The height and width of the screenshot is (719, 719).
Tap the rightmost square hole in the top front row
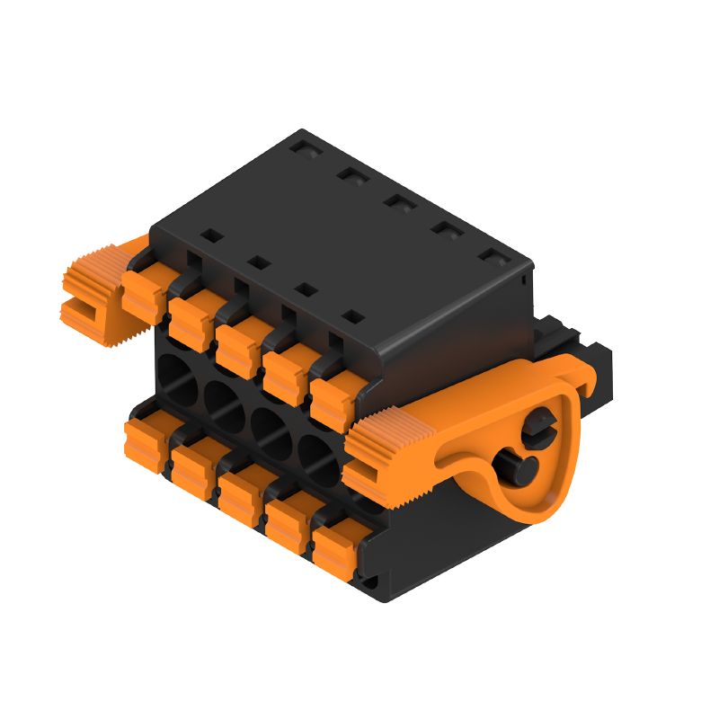(354, 316)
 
